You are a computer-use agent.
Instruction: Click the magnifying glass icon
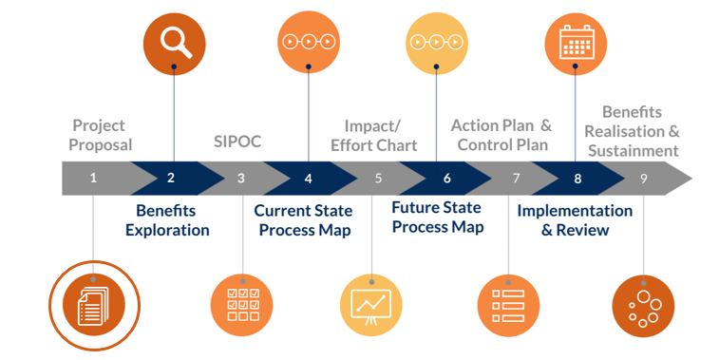pyautogui.click(x=174, y=41)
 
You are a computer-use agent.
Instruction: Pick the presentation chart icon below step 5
pyautogui.click(x=371, y=305)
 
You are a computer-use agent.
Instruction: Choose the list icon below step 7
pyautogui.click(x=508, y=305)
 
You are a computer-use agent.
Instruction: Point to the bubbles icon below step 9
pyautogui.click(x=643, y=305)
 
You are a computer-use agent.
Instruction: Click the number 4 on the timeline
pyautogui.click(x=308, y=178)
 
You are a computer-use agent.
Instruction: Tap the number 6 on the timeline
pyautogui.click(x=446, y=178)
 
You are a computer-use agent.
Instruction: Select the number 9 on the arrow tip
pyautogui.click(x=643, y=178)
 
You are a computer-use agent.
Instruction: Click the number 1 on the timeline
pyautogui.click(x=93, y=178)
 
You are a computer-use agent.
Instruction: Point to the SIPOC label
pyautogui.click(x=237, y=142)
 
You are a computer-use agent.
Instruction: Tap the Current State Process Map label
pyautogui.click(x=303, y=220)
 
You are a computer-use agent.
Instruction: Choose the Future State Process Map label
pyautogui.click(x=438, y=218)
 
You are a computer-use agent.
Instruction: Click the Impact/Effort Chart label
pyautogui.click(x=373, y=135)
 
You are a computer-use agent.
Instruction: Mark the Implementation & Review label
pyautogui.click(x=575, y=220)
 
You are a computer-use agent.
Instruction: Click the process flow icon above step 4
pyautogui.click(x=308, y=42)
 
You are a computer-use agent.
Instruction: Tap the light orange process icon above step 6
pyautogui.click(x=436, y=42)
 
